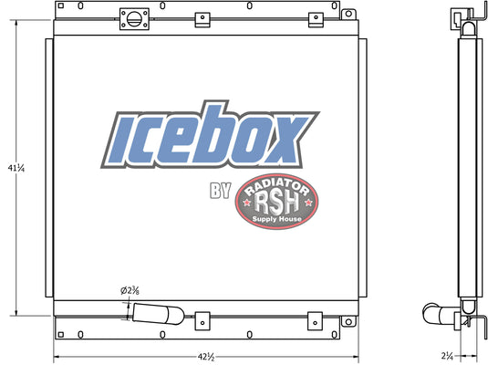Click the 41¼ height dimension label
pos(16,168)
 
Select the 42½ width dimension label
pos(206,357)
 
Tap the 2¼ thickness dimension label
pos(447,355)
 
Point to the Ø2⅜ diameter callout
pos(130,290)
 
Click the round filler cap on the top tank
pos(134,19)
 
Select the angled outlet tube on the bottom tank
pos(159,314)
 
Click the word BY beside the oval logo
pos(221,191)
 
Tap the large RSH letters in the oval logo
pos(276,203)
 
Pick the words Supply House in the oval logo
pos(276,219)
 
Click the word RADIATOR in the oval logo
pos(276,187)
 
